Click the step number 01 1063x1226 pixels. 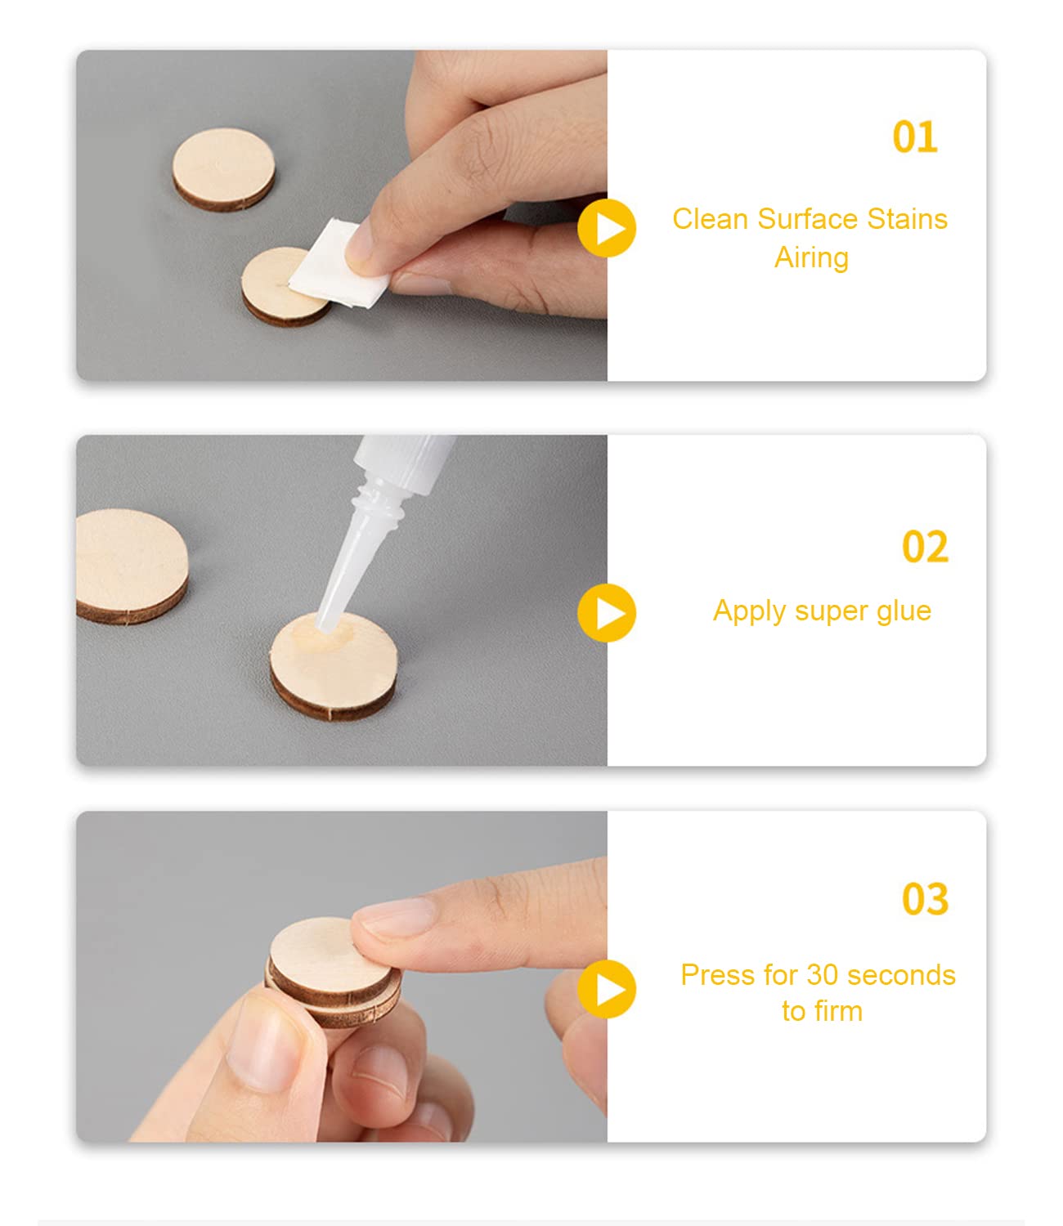tap(915, 136)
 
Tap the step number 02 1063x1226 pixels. tap(925, 547)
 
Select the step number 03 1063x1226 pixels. tap(925, 899)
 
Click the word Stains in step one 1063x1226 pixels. tap(907, 219)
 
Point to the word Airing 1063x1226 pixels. tap(811, 257)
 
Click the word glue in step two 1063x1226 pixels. tap(903, 611)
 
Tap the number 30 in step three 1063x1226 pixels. tap(823, 975)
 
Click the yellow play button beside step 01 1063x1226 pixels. tap(607, 228)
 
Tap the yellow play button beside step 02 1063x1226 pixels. tap(607, 613)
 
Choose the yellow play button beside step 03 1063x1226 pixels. tap(607, 989)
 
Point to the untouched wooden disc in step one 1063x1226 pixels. tap(224, 167)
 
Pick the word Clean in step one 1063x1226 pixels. tap(710, 219)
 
